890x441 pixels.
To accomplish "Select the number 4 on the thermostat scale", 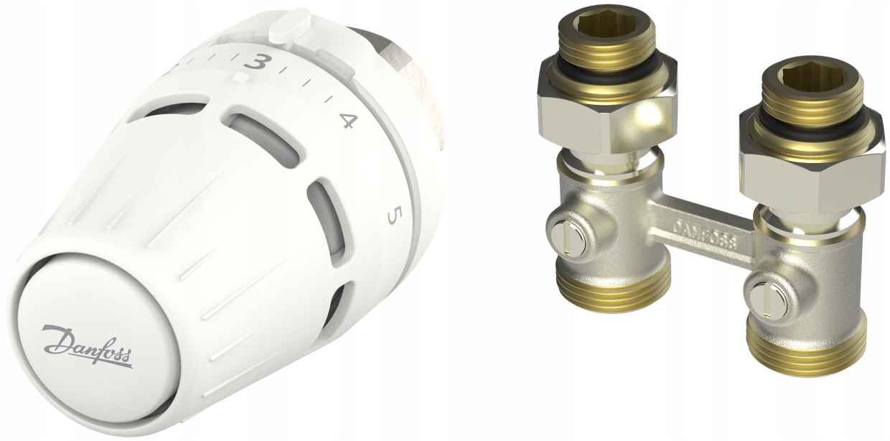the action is pos(347,121).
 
